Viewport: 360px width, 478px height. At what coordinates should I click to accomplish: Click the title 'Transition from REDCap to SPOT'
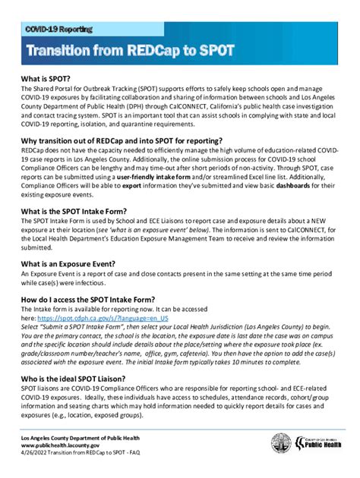point(131,52)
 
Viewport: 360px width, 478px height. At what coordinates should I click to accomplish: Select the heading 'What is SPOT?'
point(48,78)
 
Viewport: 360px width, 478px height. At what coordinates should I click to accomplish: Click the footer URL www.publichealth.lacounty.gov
point(69,446)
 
